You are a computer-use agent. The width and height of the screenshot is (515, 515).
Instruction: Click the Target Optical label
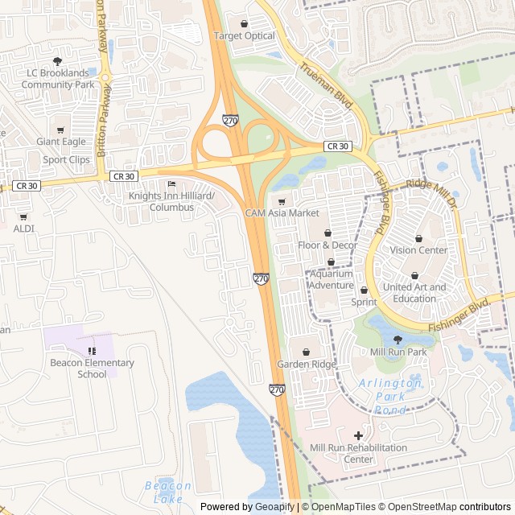(x=244, y=36)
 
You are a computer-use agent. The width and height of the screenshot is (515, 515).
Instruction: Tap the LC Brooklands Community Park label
(x=58, y=79)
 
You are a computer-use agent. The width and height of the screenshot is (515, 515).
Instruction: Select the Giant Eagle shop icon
(x=60, y=130)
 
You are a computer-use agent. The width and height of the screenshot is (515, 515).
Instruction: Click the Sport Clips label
(x=67, y=159)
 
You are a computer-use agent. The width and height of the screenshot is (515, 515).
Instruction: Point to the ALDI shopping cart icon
(x=23, y=216)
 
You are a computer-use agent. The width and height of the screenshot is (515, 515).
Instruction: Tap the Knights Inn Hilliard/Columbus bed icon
(x=171, y=183)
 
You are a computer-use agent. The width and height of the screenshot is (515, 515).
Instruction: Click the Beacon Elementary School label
(x=93, y=368)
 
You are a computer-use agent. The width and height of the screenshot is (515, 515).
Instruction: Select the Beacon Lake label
(x=168, y=492)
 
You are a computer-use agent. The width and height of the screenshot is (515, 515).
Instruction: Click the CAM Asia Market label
(x=282, y=213)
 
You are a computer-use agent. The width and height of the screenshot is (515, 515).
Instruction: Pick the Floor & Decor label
(x=328, y=245)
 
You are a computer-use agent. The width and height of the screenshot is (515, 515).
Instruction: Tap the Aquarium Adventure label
(x=331, y=279)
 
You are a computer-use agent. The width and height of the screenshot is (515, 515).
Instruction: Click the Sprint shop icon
(x=364, y=290)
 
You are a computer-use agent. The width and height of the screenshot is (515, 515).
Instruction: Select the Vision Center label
(x=418, y=250)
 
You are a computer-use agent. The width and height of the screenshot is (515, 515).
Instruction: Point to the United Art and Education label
(x=414, y=293)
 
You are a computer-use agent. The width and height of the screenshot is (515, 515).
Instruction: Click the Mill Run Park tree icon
(x=398, y=340)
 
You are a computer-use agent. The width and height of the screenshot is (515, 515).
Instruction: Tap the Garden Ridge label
(x=307, y=365)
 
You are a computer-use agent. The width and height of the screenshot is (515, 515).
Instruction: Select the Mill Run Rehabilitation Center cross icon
(x=359, y=435)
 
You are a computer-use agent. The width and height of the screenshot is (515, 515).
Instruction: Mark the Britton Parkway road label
(x=102, y=121)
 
